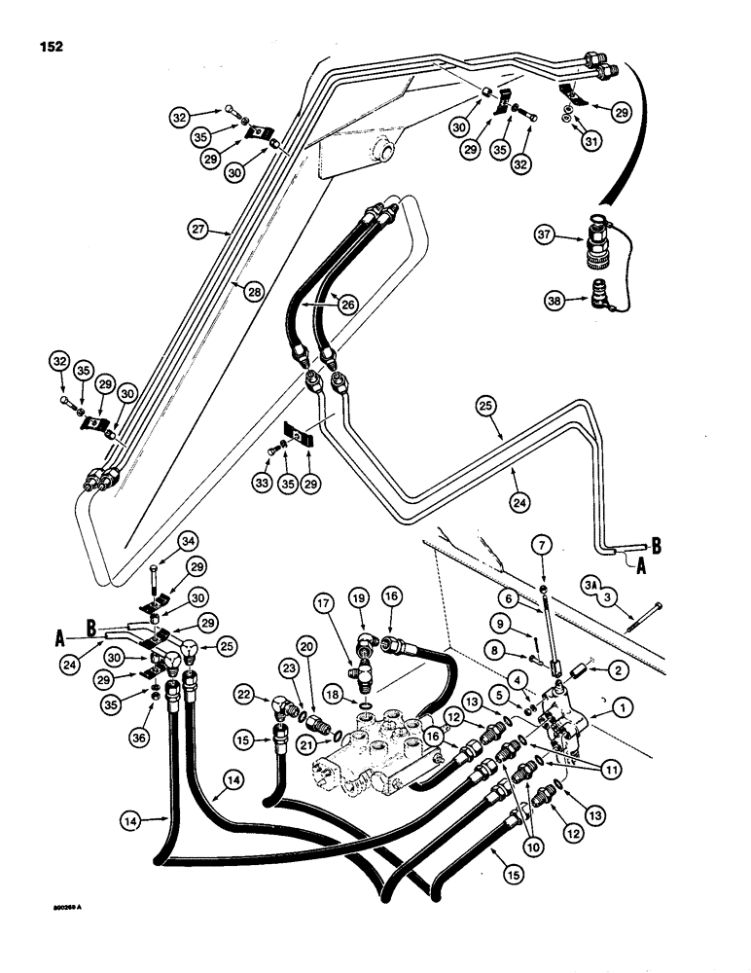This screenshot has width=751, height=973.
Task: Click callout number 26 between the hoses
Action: [x=346, y=303]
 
